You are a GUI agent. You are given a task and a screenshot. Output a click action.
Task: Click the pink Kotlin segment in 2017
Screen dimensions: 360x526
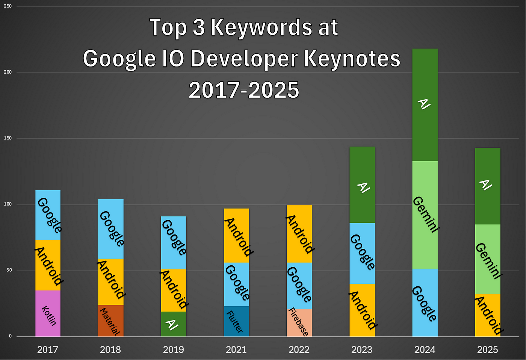tap(48, 313)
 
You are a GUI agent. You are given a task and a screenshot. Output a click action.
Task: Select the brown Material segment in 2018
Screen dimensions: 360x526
tap(110, 321)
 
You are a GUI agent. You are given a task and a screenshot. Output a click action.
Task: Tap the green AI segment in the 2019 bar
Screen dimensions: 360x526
tap(173, 324)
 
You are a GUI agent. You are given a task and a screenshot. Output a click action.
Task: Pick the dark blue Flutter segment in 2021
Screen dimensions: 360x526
tap(236, 321)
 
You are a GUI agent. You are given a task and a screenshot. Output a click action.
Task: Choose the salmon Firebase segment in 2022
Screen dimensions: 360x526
tap(299, 322)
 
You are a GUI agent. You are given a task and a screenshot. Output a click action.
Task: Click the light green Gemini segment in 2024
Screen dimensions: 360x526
tap(425, 215)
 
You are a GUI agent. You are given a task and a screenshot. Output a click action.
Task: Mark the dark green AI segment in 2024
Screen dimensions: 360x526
tap(425, 105)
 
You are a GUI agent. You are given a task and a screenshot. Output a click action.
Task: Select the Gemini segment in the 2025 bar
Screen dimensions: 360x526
tap(488, 259)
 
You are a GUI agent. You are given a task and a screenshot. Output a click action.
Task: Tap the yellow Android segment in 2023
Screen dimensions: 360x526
tap(362, 310)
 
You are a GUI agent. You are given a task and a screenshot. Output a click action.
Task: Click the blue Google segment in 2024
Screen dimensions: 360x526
tap(425, 303)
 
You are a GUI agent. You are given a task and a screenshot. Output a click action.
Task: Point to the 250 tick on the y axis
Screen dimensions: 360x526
tap(8, 6)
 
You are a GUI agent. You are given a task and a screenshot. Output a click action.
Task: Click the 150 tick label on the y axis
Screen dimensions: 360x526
tap(8, 138)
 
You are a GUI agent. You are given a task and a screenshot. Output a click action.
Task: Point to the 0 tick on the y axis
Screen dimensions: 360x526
tap(10, 336)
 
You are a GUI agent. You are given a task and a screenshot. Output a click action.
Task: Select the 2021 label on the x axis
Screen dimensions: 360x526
tap(236, 350)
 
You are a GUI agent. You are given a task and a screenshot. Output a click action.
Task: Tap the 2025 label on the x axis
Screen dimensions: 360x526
tap(487, 350)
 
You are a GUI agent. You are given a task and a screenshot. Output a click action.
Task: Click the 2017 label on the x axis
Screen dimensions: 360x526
tap(48, 350)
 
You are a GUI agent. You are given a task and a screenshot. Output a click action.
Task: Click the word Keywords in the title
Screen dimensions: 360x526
tap(261, 27)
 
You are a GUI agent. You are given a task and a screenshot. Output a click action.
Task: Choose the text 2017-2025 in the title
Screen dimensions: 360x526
tap(244, 91)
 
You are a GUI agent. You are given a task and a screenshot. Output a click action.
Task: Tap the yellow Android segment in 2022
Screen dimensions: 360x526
tap(299, 233)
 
